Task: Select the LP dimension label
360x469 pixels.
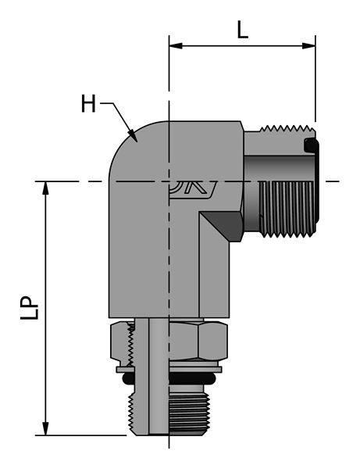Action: tap(28, 308)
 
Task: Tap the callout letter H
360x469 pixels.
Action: tap(89, 103)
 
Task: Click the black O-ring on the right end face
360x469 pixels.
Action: tap(311, 146)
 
